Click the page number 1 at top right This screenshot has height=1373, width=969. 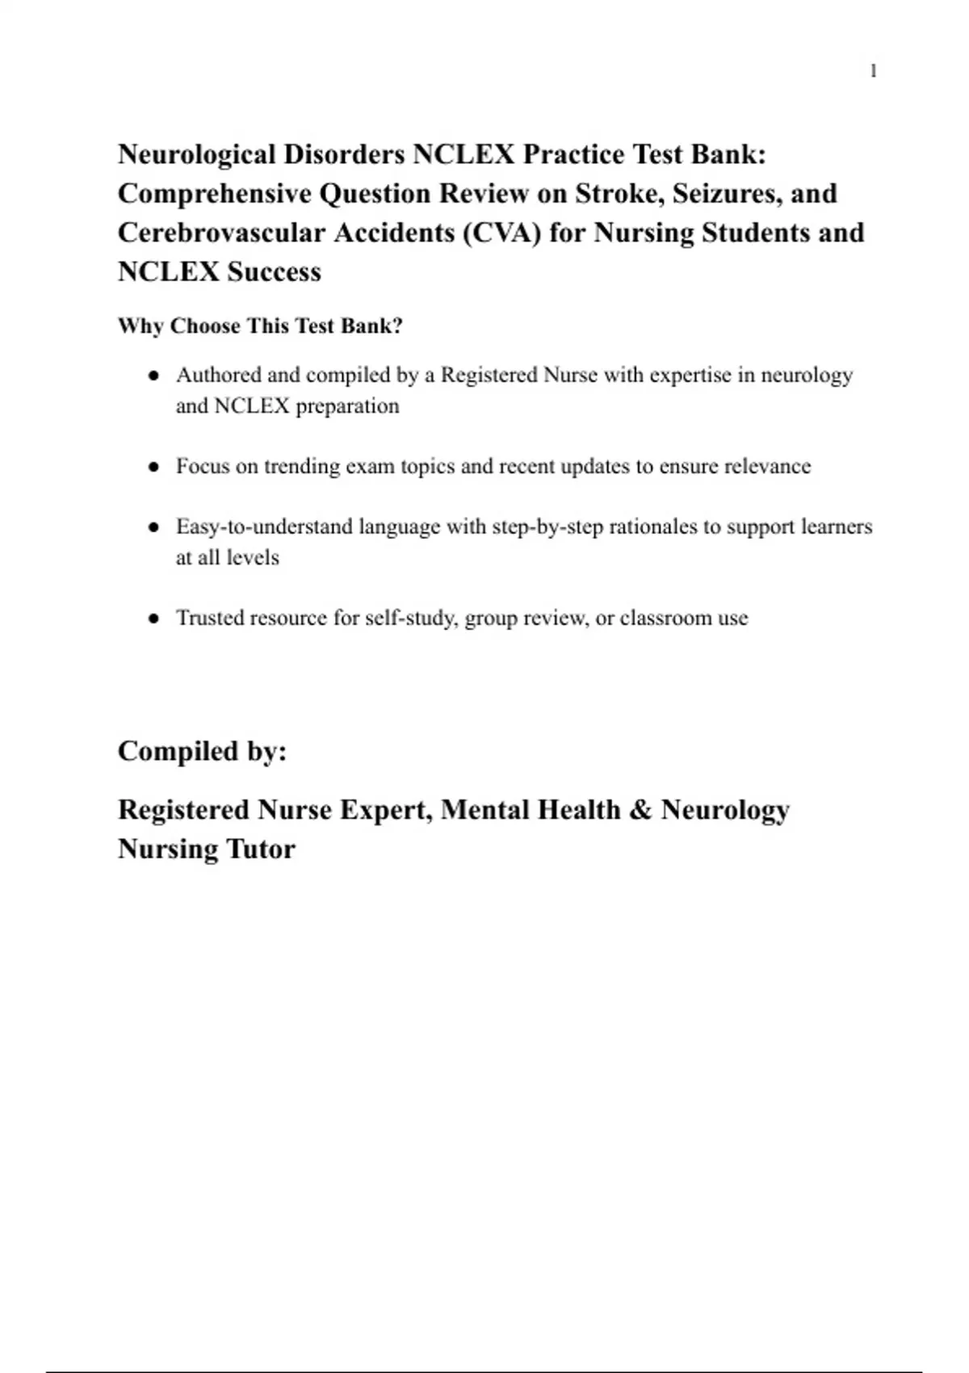tap(873, 71)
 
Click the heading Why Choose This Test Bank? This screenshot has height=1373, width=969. tap(260, 326)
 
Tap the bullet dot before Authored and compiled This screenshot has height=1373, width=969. tap(153, 376)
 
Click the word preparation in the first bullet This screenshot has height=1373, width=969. tap(347, 405)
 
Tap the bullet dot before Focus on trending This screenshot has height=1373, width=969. tap(153, 467)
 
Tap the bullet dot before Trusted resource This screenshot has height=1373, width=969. tap(153, 619)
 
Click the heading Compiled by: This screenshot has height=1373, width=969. tap(202, 751)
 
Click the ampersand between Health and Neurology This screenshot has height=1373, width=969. tap(640, 810)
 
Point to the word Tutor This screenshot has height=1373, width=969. tap(260, 849)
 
